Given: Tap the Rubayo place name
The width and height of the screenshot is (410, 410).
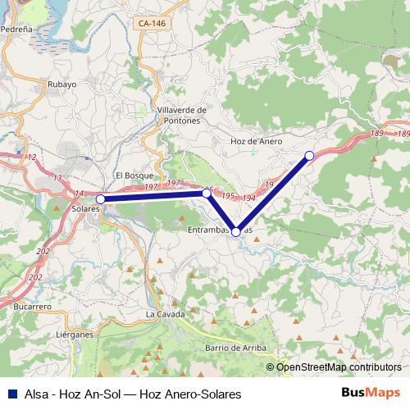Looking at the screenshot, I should pyautogui.click(x=62, y=84).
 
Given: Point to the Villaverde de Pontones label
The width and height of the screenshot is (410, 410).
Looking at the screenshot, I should pyautogui.click(x=178, y=115).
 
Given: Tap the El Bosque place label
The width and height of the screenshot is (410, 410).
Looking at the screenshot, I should pyautogui.click(x=130, y=175).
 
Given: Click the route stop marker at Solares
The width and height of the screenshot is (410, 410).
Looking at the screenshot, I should pyautogui.click(x=100, y=199).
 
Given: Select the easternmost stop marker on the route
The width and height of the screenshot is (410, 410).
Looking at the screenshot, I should pyautogui.click(x=309, y=156).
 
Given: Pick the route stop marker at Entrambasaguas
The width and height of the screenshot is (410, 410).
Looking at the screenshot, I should pyautogui.click(x=236, y=232).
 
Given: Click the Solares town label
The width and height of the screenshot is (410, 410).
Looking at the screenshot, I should pyautogui.click(x=85, y=209).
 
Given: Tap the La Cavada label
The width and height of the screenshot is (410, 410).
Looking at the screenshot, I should pyautogui.click(x=161, y=314).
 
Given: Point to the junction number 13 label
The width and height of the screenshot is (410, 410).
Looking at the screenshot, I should pyautogui.click(x=57, y=177).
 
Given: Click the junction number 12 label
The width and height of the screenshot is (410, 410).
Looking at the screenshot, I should pyautogui.click(x=32, y=157).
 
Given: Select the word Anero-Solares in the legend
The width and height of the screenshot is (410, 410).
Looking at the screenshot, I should pyautogui.click(x=201, y=394).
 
